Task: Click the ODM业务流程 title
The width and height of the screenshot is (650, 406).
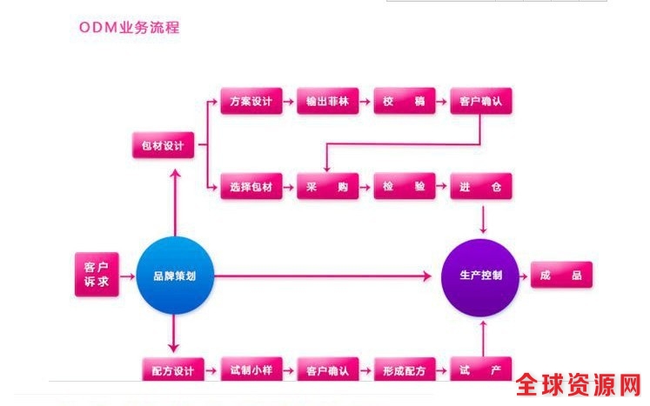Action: coord(129,27)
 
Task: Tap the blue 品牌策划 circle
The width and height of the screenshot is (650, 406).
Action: coord(174,276)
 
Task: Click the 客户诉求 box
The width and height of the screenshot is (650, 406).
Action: coord(96,275)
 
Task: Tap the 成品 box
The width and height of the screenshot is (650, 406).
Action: coord(561,276)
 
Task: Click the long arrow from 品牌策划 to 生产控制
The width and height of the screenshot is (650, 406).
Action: coord(322,276)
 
